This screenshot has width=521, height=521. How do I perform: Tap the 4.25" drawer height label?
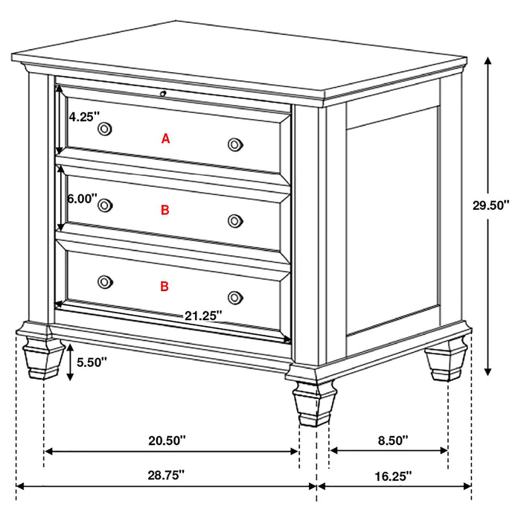click(x=82, y=116)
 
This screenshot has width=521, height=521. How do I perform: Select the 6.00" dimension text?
click(x=80, y=199)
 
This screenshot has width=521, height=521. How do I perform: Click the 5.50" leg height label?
click(x=92, y=362)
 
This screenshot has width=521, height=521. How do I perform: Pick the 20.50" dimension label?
click(x=167, y=441)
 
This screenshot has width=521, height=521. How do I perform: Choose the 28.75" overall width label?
click(x=167, y=474)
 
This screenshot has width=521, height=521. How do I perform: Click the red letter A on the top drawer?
click(x=165, y=138)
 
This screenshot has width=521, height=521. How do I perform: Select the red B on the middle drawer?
click(x=165, y=211)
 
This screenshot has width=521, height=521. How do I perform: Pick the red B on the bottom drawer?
click(x=165, y=286)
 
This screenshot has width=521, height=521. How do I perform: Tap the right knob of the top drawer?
click(x=235, y=144)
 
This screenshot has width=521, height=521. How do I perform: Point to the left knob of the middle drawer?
click(x=105, y=205)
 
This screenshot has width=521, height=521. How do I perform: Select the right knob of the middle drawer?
click(x=235, y=220)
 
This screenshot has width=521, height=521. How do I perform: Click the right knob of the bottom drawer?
click(x=235, y=296)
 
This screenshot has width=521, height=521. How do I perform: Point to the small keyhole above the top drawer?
click(x=162, y=93)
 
